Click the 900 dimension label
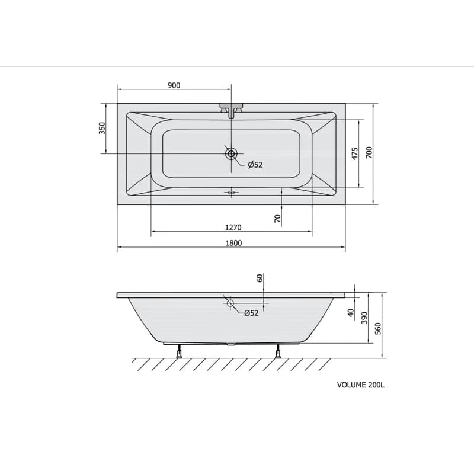coord(174,85)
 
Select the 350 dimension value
coord(103,128)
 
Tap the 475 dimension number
coord(355,153)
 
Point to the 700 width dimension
coord(369,153)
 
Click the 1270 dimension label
coord(233,228)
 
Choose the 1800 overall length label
coord(233,243)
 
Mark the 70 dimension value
coord(277,219)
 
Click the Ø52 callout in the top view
coord(255,165)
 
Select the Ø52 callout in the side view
coord(251,313)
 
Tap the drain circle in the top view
coord(231,154)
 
